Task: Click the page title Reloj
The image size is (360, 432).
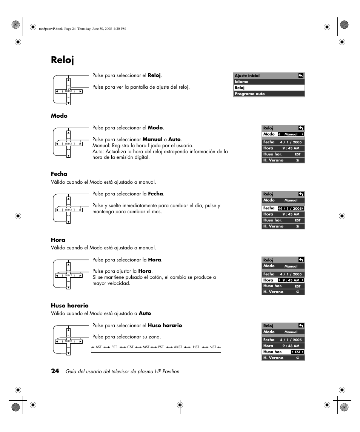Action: click(x=63, y=60)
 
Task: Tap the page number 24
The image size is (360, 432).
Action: click(x=55, y=371)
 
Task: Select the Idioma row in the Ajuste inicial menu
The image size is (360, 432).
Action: click(x=269, y=81)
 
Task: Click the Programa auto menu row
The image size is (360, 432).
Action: click(x=269, y=94)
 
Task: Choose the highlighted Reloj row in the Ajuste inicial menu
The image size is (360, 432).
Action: click(x=269, y=88)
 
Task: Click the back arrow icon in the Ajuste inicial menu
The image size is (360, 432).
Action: click(x=301, y=75)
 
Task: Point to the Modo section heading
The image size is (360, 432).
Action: click(x=59, y=116)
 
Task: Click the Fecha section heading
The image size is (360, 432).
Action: click(x=59, y=174)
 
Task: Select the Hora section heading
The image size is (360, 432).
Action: click(x=58, y=240)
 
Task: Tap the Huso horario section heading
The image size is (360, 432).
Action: click(x=70, y=306)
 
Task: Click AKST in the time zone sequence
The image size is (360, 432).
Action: click(x=178, y=347)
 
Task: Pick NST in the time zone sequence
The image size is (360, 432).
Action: click(x=213, y=347)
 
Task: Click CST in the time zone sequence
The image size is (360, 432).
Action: click(x=130, y=347)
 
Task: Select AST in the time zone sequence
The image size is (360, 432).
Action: click(x=98, y=347)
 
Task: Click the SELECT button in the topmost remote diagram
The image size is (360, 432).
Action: click(x=68, y=91)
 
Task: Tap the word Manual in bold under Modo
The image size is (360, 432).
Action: click(x=152, y=139)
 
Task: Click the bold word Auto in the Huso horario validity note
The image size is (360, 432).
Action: click(x=145, y=313)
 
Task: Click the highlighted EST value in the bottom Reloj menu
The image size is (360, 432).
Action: click(x=298, y=352)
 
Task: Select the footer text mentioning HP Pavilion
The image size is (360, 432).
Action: click(x=122, y=371)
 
